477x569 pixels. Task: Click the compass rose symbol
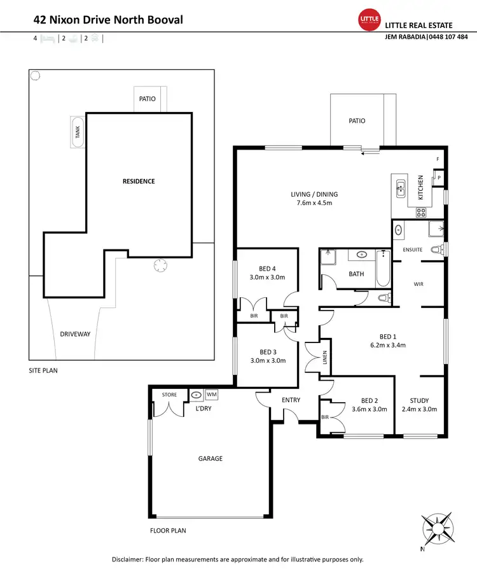[438, 526]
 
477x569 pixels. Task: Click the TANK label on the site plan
[78, 132]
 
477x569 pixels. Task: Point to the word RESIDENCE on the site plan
[139, 181]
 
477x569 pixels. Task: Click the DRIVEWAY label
[76, 334]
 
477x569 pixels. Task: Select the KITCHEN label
[420, 188]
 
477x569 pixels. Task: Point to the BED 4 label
[267, 268]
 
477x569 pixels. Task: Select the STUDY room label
[419, 400]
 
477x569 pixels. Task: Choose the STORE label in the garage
[169, 395]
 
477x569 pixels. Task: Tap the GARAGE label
[211, 458]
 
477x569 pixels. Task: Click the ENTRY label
[290, 400]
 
